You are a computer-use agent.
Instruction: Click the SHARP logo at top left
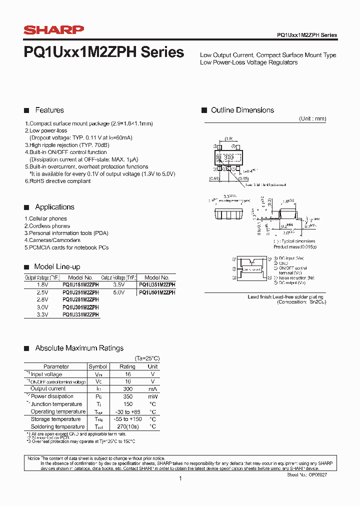(x=54, y=30)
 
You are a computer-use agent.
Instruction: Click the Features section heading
(x=49, y=110)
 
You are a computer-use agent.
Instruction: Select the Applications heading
(x=54, y=207)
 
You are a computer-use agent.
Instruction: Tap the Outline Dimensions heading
(x=242, y=110)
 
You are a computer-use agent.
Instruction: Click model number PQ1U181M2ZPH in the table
(x=80, y=284)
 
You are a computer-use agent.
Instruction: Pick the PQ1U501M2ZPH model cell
(x=157, y=292)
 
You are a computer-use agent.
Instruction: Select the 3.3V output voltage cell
(x=42, y=314)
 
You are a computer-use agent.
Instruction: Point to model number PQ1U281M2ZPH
(x=80, y=299)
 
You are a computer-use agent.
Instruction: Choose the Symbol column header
(x=97, y=366)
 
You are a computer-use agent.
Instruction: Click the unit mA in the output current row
(x=152, y=389)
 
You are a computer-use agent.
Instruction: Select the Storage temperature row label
(x=55, y=419)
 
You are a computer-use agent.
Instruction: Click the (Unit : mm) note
(x=312, y=119)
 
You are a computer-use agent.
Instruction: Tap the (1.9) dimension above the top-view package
(x=228, y=138)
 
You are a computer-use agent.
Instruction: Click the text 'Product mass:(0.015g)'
(x=295, y=247)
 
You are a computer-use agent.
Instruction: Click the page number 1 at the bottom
(x=180, y=478)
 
